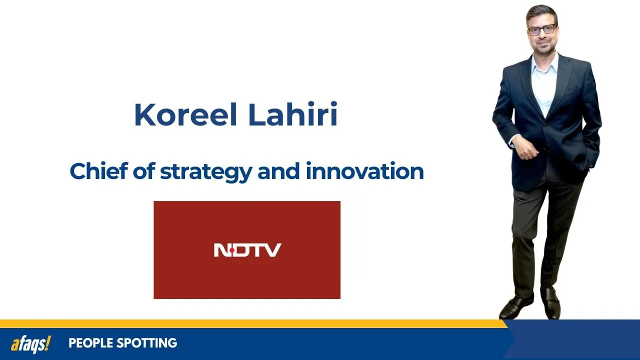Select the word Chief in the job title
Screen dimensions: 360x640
pos(97,171)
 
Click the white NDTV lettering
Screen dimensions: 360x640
pos(247,250)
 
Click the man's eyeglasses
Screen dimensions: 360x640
pos(541,29)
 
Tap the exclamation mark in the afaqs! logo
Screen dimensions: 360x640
pos(48,343)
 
